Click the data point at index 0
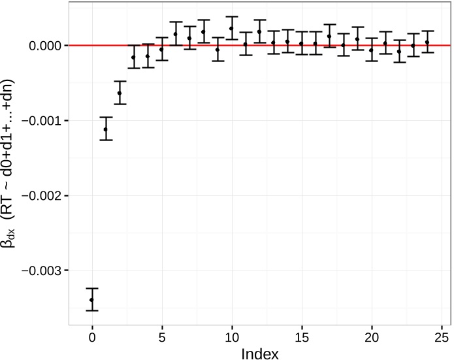click(x=92, y=300)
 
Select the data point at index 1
click(x=106, y=129)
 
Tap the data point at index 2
click(x=120, y=93)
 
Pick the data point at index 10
click(x=232, y=28)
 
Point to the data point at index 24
click(x=427, y=42)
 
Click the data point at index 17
click(x=329, y=37)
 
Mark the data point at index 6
click(x=176, y=34)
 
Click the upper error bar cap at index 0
click(x=92, y=288)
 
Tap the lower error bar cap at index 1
click(x=106, y=140)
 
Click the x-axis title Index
click(x=260, y=353)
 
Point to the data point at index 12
click(x=259, y=31)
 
